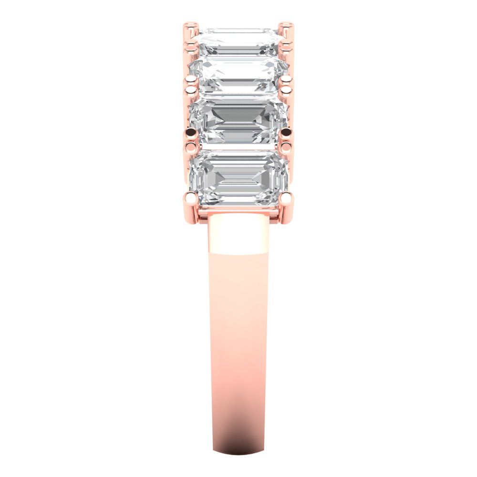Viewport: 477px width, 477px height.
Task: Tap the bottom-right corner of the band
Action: [x=262, y=451]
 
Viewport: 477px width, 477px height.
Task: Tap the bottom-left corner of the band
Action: [x=213, y=450]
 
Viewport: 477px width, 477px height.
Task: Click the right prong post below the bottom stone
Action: [x=285, y=212]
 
